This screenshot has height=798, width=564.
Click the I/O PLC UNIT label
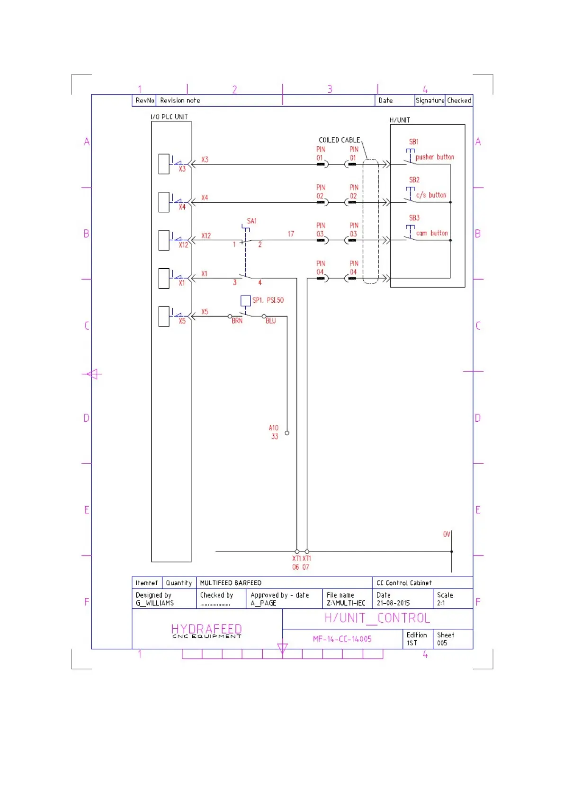(169, 117)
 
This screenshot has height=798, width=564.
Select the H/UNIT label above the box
(400, 120)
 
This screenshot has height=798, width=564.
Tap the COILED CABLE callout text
(339, 140)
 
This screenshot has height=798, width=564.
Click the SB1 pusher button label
(414, 142)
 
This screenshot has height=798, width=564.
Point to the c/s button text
(431, 195)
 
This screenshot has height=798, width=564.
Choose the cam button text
(431, 233)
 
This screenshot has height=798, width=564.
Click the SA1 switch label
(251, 221)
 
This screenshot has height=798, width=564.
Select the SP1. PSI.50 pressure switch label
(268, 300)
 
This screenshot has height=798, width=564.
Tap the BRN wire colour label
(237, 321)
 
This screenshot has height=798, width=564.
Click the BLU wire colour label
(270, 321)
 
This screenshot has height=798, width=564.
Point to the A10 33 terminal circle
(287, 433)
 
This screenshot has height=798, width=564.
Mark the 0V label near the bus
(447, 534)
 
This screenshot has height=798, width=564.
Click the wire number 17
(291, 234)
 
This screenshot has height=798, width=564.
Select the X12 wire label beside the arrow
(206, 236)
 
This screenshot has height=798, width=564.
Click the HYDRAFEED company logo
(206, 630)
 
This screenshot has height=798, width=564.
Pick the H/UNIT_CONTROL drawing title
(377, 618)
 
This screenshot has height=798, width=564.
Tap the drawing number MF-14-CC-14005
(342, 639)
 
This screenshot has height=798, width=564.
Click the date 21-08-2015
(393, 603)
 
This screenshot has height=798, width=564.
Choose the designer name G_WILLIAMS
(154, 603)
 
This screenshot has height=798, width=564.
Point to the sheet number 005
(442, 643)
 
